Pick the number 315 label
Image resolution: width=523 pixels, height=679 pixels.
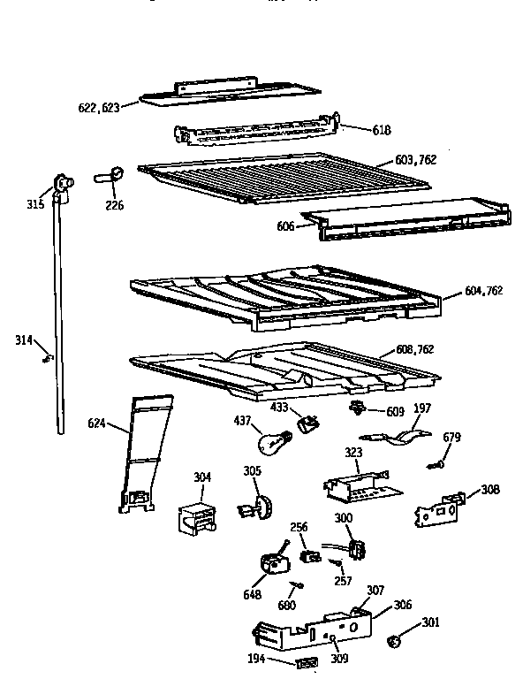click(x=34, y=206)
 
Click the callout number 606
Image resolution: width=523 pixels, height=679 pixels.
click(x=285, y=226)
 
